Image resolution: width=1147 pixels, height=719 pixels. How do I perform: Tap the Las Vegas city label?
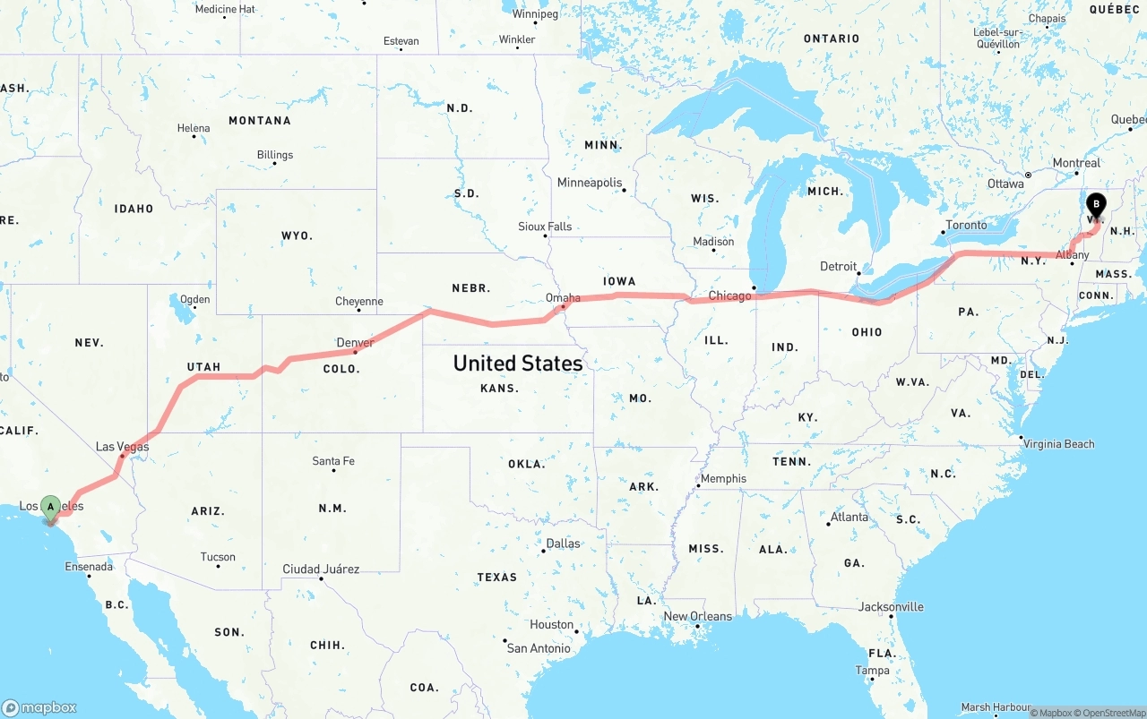(x=123, y=447)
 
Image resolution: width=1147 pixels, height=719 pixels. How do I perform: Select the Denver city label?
(x=355, y=342)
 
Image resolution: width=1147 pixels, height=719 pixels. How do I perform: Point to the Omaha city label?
(x=563, y=298)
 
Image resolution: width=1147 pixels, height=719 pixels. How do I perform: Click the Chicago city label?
(x=729, y=295)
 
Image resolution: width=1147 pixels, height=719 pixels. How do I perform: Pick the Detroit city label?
(x=839, y=266)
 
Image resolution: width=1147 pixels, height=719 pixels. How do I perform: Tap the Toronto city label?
(x=966, y=225)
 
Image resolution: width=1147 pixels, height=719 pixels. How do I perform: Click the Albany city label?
(x=1072, y=255)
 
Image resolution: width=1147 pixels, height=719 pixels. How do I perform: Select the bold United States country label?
(x=518, y=363)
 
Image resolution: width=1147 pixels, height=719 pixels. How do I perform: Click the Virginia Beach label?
(x=1058, y=443)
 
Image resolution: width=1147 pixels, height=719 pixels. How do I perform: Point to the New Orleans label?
(x=697, y=616)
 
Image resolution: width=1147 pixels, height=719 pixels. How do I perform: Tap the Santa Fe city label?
(x=333, y=461)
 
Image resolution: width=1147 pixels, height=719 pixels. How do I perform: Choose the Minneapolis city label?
(x=589, y=183)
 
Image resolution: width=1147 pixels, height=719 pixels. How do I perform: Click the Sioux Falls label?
(x=545, y=227)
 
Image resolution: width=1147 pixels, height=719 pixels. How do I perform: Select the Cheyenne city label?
(x=358, y=302)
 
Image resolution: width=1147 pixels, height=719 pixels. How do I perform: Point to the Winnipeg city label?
(x=535, y=14)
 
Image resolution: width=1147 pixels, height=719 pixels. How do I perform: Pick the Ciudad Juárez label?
(x=321, y=569)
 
